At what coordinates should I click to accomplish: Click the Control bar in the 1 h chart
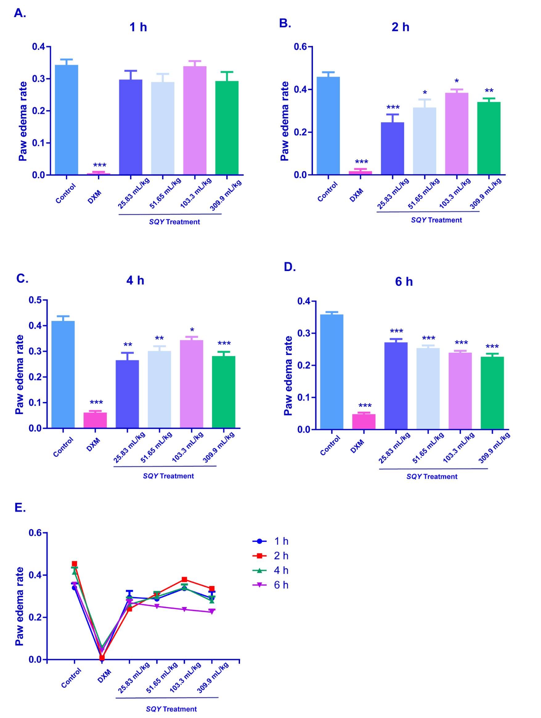tap(67, 120)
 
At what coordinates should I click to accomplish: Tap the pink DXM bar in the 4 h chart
tap(95, 420)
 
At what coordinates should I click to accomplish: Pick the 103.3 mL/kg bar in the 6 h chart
tap(460, 391)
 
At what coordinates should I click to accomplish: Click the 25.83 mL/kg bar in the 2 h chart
tap(392, 148)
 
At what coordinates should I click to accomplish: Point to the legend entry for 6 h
tap(271, 585)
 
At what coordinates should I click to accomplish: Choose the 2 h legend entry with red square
tap(271, 556)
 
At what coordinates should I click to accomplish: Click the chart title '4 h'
tap(135, 280)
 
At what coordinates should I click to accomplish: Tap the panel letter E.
tap(20, 507)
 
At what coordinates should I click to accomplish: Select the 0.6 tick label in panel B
tap(300, 47)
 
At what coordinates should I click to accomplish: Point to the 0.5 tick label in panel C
tap(35, 300)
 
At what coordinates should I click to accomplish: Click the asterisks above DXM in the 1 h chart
tap(100, 165)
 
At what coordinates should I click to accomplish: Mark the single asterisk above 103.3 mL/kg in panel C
tap(192, 330)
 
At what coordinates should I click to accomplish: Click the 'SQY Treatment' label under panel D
tap(432, 477)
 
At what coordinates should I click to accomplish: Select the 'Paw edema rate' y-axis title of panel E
tap(19, 606)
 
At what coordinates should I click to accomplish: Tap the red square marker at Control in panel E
tap(75, 564)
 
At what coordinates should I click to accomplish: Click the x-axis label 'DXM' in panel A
tap(95, 197)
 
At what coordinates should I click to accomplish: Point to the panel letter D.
tap(290, 267)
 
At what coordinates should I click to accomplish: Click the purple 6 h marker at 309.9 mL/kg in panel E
tap(212, 612)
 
